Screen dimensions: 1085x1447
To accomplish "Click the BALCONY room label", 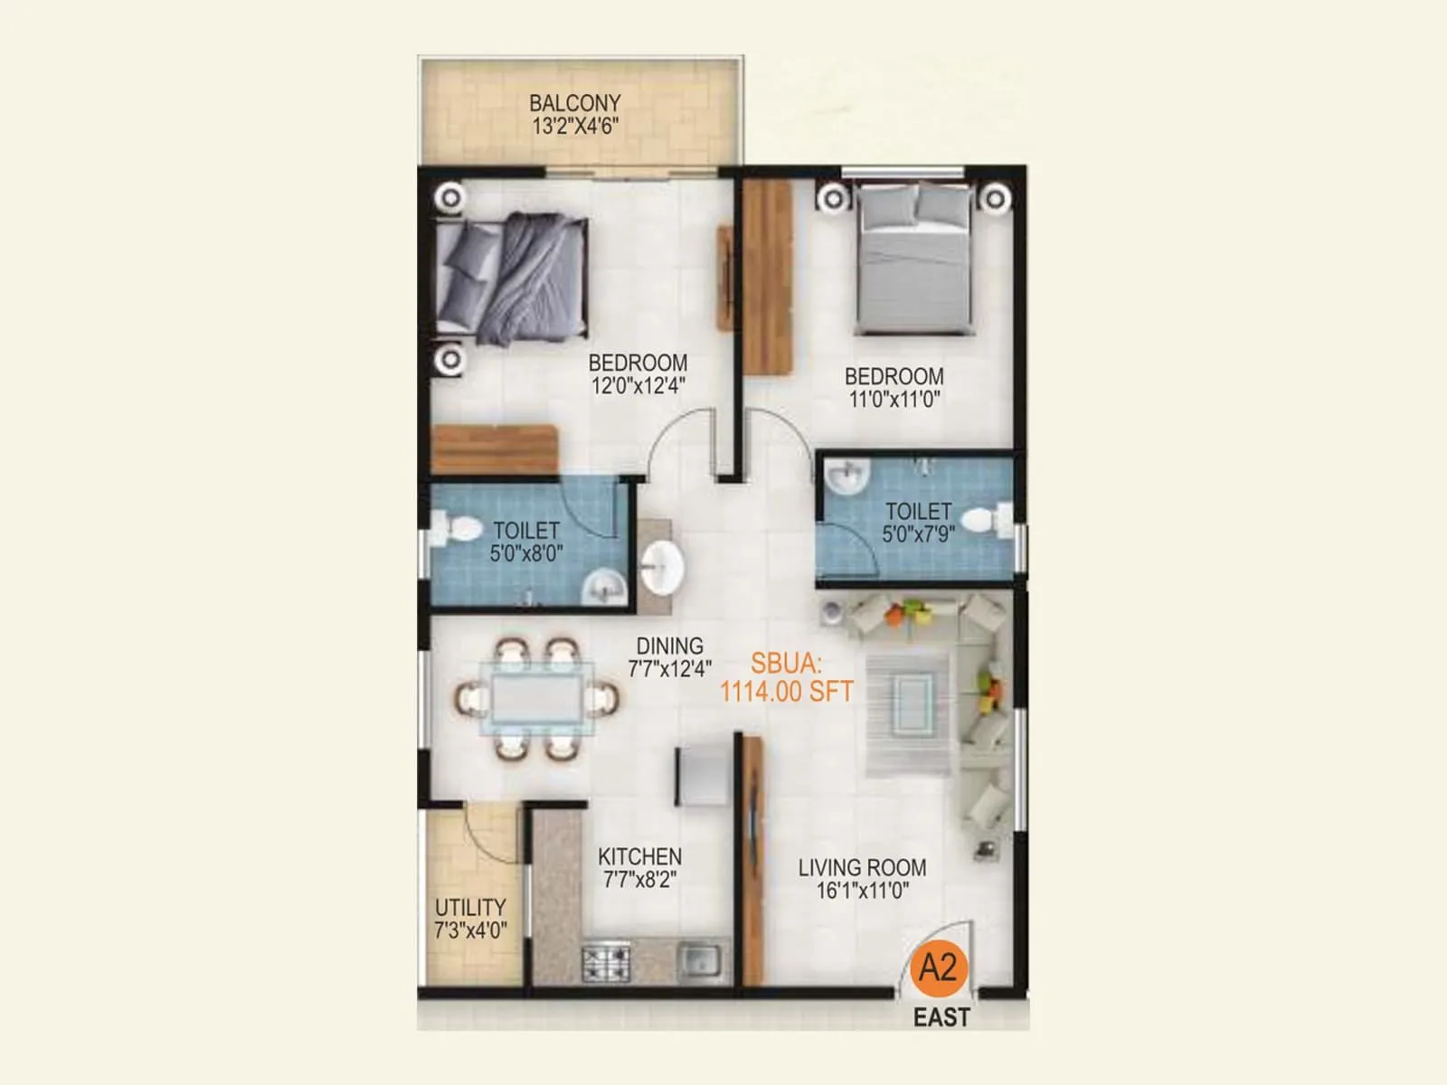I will click(574, 103).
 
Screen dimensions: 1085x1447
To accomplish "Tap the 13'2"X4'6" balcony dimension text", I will click(574, 127).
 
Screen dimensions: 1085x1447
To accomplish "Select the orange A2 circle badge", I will click(938, 968).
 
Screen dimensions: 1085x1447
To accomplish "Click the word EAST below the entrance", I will click(941, 1018).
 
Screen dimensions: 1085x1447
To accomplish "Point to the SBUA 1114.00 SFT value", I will click(786, 693).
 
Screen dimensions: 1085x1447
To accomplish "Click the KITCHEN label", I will click(639, 856).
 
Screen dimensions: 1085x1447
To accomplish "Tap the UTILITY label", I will click(470, 907).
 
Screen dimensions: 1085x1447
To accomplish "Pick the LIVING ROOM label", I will click(862, 868).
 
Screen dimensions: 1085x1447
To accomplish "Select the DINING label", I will click(669, 646).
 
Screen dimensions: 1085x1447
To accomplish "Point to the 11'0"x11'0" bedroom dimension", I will click(894, 400).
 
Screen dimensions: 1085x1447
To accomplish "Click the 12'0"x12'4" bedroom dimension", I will click(638, 386).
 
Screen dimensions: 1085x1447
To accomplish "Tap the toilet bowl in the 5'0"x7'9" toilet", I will click(985, 520).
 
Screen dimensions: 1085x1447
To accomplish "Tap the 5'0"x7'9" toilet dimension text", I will click(918, 534).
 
